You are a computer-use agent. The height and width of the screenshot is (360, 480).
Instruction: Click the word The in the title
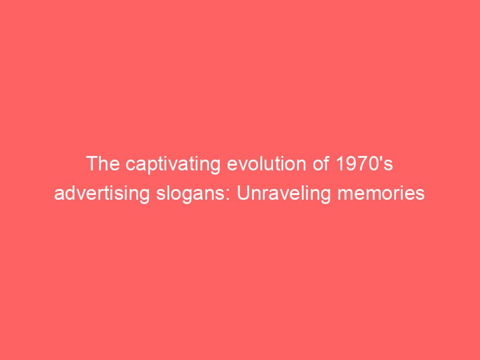coord(103,164)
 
